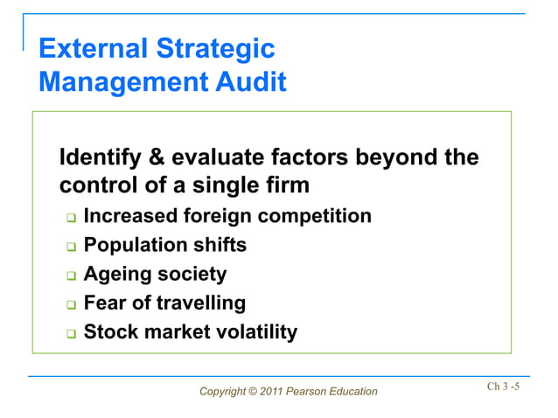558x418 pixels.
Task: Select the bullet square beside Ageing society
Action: [x=72, y=276]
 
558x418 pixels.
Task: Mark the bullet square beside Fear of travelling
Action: [x=72, y=305]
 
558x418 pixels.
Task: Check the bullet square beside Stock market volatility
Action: [x=72, y=334]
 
